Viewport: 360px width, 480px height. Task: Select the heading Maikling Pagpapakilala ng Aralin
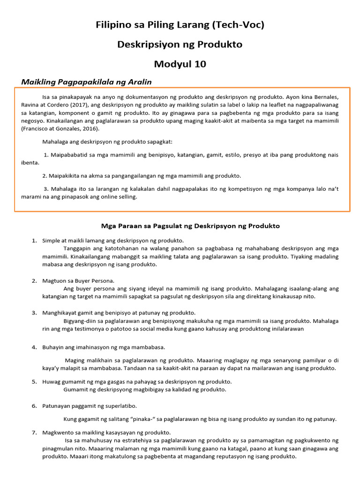click(x=87, y=82)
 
